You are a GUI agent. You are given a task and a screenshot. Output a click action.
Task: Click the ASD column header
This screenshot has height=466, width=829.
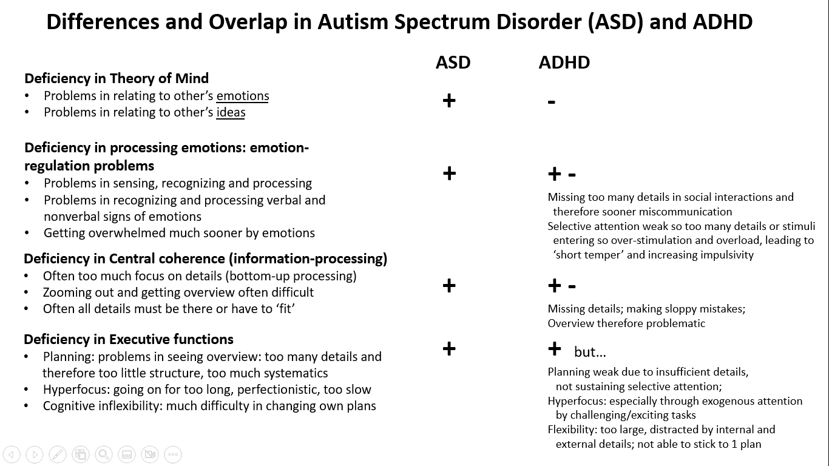(x=453, y=62)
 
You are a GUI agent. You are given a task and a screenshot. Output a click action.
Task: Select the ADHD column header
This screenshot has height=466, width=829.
(x=564, y=62)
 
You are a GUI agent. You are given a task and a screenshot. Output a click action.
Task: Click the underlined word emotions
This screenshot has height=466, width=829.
(x=242, y=96)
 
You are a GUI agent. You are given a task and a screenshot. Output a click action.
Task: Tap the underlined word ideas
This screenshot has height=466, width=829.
(x=231, y=112)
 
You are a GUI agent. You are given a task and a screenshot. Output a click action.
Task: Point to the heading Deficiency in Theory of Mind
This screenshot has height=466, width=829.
(x=117, y=78)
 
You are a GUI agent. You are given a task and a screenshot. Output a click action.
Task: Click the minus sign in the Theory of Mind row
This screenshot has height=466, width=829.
(x=551, y=102)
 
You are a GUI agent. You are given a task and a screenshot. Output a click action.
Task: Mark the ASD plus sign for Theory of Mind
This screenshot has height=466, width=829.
(x=449, y=100)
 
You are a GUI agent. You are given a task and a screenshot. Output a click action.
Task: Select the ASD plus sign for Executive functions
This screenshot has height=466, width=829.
(x=449, y=348)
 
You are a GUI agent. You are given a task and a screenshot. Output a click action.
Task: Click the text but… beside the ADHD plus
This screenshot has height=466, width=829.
(x=590, y=352)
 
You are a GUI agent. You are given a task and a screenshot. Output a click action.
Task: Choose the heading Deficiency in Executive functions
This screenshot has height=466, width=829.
(x=129, y=339)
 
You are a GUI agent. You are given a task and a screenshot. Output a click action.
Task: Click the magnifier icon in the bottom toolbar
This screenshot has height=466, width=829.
(x=104, y=454)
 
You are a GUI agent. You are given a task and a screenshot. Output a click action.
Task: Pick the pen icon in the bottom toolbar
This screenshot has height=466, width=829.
(x=58, y=454)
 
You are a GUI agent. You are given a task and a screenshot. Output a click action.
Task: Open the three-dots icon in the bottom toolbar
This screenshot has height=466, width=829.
(x=172, y=454)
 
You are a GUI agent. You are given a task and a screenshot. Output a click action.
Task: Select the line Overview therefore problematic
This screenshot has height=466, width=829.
(x=626, y=323)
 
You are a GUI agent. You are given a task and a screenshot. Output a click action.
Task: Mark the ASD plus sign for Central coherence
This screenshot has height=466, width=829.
(x=449, y=285)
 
